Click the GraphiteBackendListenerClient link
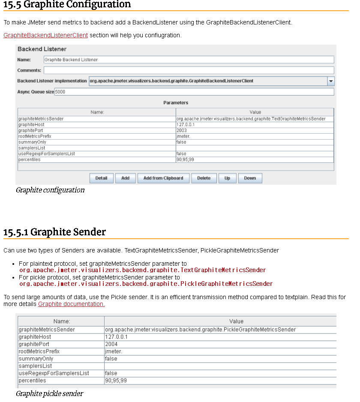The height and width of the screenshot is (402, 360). click(x=45, y=35)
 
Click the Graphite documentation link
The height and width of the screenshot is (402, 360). click(x=71, y=304)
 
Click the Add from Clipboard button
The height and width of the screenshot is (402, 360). click(x=163, y=178)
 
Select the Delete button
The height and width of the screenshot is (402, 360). click(x=204, y=178)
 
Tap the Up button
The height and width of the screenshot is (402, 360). click(x=227, y=178)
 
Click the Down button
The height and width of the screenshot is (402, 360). click(x=250, y=178)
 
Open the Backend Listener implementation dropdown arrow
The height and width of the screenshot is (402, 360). click(x=331, y=81)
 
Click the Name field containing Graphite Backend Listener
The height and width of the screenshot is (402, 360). click(x=189, y=60)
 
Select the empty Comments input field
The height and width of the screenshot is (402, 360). click(x=189, y=70)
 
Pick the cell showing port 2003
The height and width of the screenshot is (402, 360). click(x=255, y=130)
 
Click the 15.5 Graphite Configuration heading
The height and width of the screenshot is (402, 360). click(x=67, y=5)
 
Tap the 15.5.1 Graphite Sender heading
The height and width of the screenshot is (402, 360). click(x=54, y=232)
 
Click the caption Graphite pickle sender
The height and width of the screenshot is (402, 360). click(x=49, y=393)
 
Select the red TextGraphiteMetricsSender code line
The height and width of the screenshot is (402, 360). click(x=142, y=270)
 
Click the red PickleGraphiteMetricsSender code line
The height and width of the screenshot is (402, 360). click(x=146, y=284)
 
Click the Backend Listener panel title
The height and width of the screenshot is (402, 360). click(x=42, y=49)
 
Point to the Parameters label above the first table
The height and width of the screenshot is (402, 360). click(x=176, y=103)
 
